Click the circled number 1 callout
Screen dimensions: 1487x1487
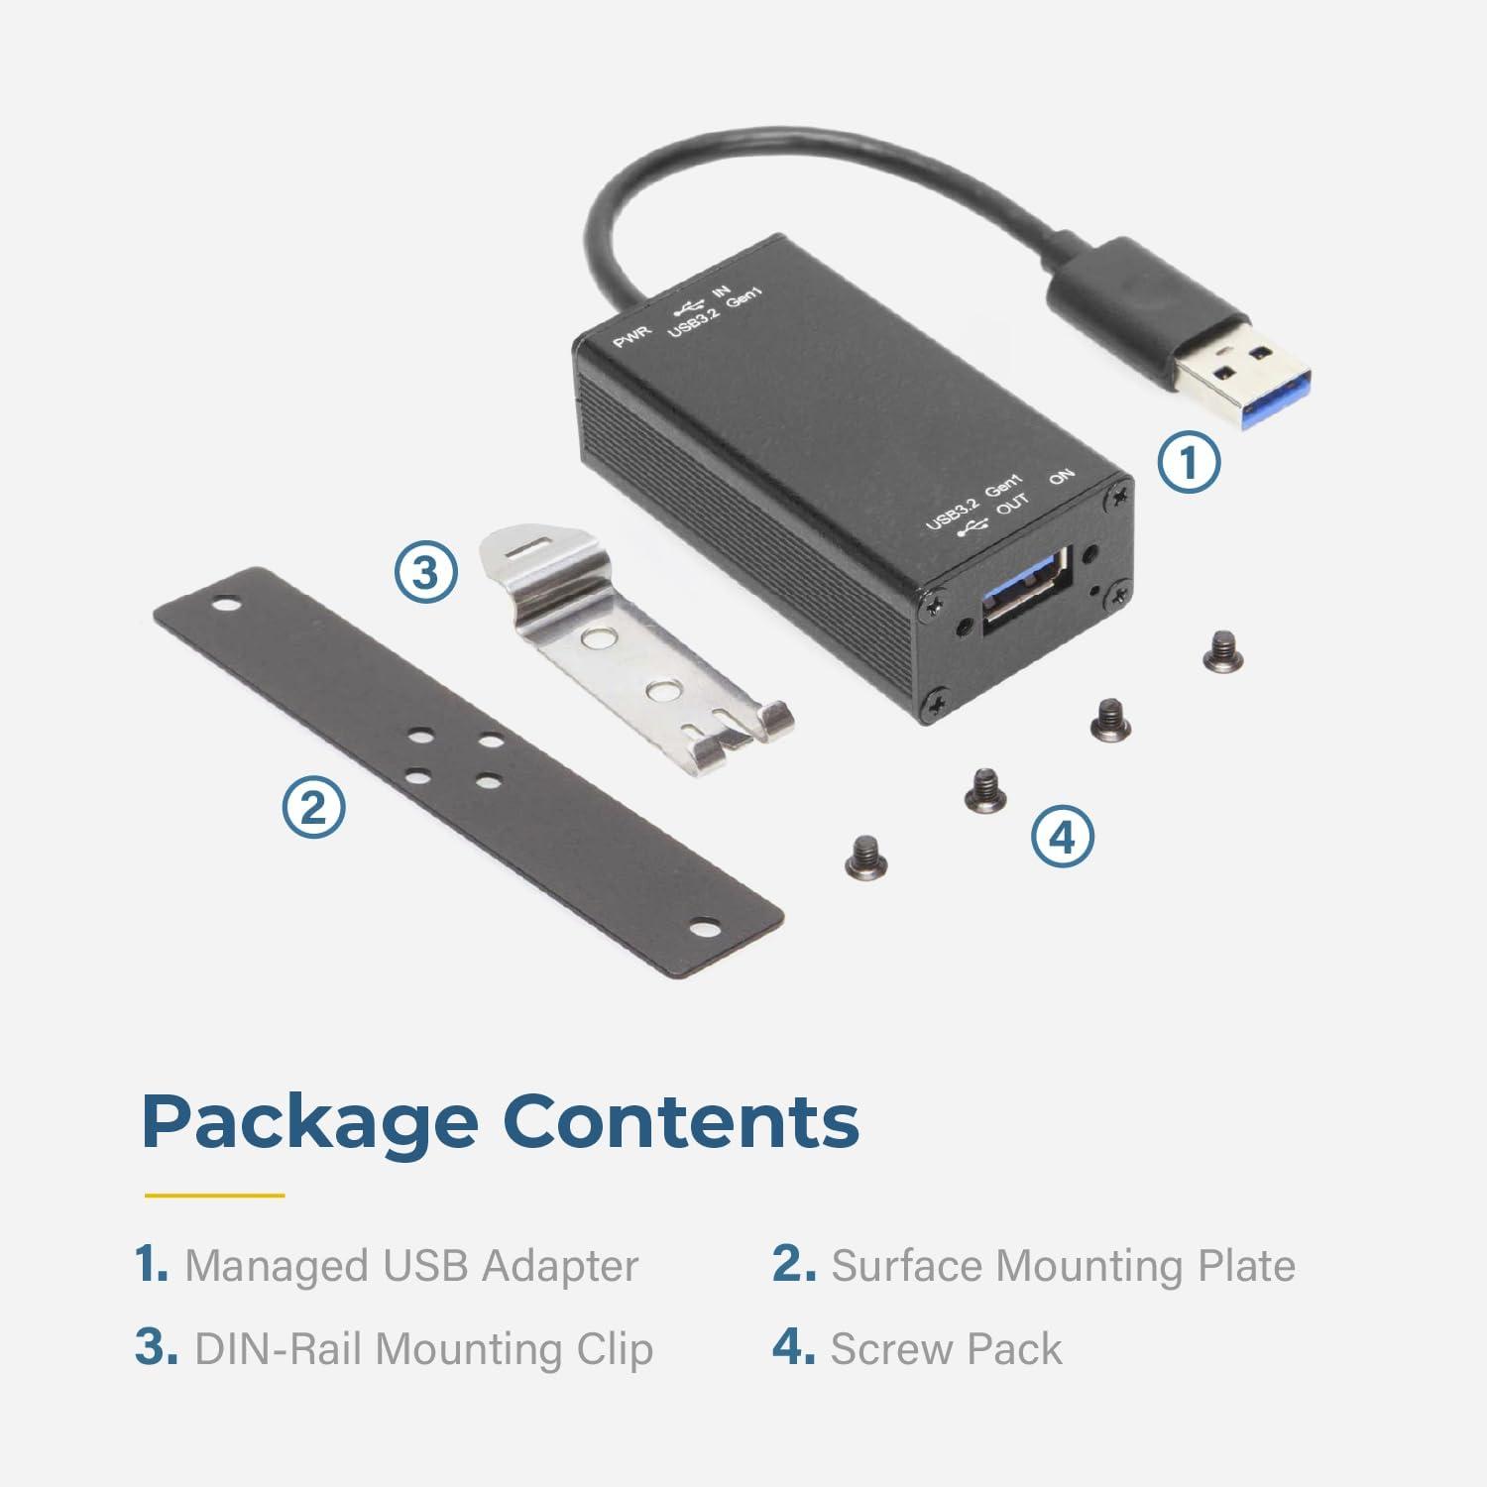coord(1189,462)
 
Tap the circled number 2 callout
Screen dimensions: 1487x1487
coord(313,807)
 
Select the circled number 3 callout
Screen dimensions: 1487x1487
coord(425,573)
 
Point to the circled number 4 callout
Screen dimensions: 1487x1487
coord(1062,839)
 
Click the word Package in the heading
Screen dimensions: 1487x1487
coord(308,1121)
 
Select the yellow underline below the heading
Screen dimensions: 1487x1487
coord(214,1195)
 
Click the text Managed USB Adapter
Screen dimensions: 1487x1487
coord(411,1266)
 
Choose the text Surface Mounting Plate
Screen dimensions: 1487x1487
coord(1063,1266)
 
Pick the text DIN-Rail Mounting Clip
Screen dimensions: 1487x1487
coord(423,1349)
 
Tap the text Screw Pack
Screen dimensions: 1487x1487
coord(946,1349)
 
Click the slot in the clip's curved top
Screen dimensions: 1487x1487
coord(530,544)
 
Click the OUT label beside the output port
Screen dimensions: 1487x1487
coord(1012,506)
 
